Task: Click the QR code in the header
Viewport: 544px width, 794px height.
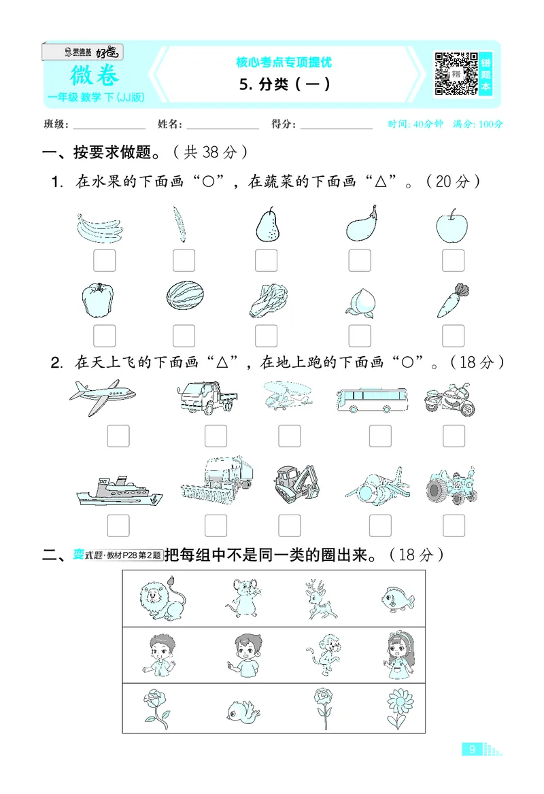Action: pos(455,73)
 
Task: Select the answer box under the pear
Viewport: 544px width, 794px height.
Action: pos(266,260)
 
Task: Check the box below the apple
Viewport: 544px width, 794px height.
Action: pos(453,260)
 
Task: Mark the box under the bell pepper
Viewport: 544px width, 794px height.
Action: pos(104,335)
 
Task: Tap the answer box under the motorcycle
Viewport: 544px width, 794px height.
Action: pos(453,436)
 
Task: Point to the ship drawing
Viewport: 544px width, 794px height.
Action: pos(118,489)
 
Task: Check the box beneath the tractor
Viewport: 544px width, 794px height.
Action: pos(453,525)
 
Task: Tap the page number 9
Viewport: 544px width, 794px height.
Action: pos(471,750)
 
